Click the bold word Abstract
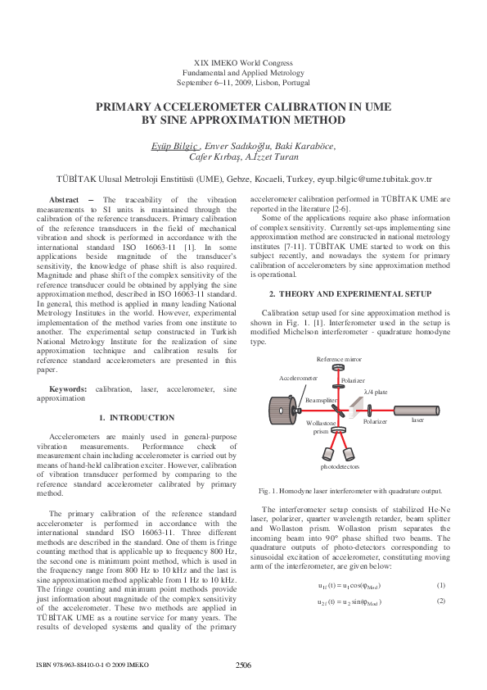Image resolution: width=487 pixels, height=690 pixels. click(x=64, y=200)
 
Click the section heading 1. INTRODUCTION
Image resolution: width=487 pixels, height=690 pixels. click(x=137, y=418)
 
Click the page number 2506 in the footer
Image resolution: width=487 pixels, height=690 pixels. click(x=243, y=665)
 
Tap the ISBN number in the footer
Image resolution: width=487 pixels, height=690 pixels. click(x=82, y=665)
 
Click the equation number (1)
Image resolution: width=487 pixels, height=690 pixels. click(x=440, y=585)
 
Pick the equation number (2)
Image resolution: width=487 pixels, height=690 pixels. click(x=440, y=601)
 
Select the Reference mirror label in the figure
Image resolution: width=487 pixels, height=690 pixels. click(x=339, y=360)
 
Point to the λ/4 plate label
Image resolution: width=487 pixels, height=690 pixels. click(x=376, y=393)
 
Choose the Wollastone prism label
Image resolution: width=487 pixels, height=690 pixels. click(x=320, y=427)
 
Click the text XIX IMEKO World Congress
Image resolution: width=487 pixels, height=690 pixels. click(x=243, y=62)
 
